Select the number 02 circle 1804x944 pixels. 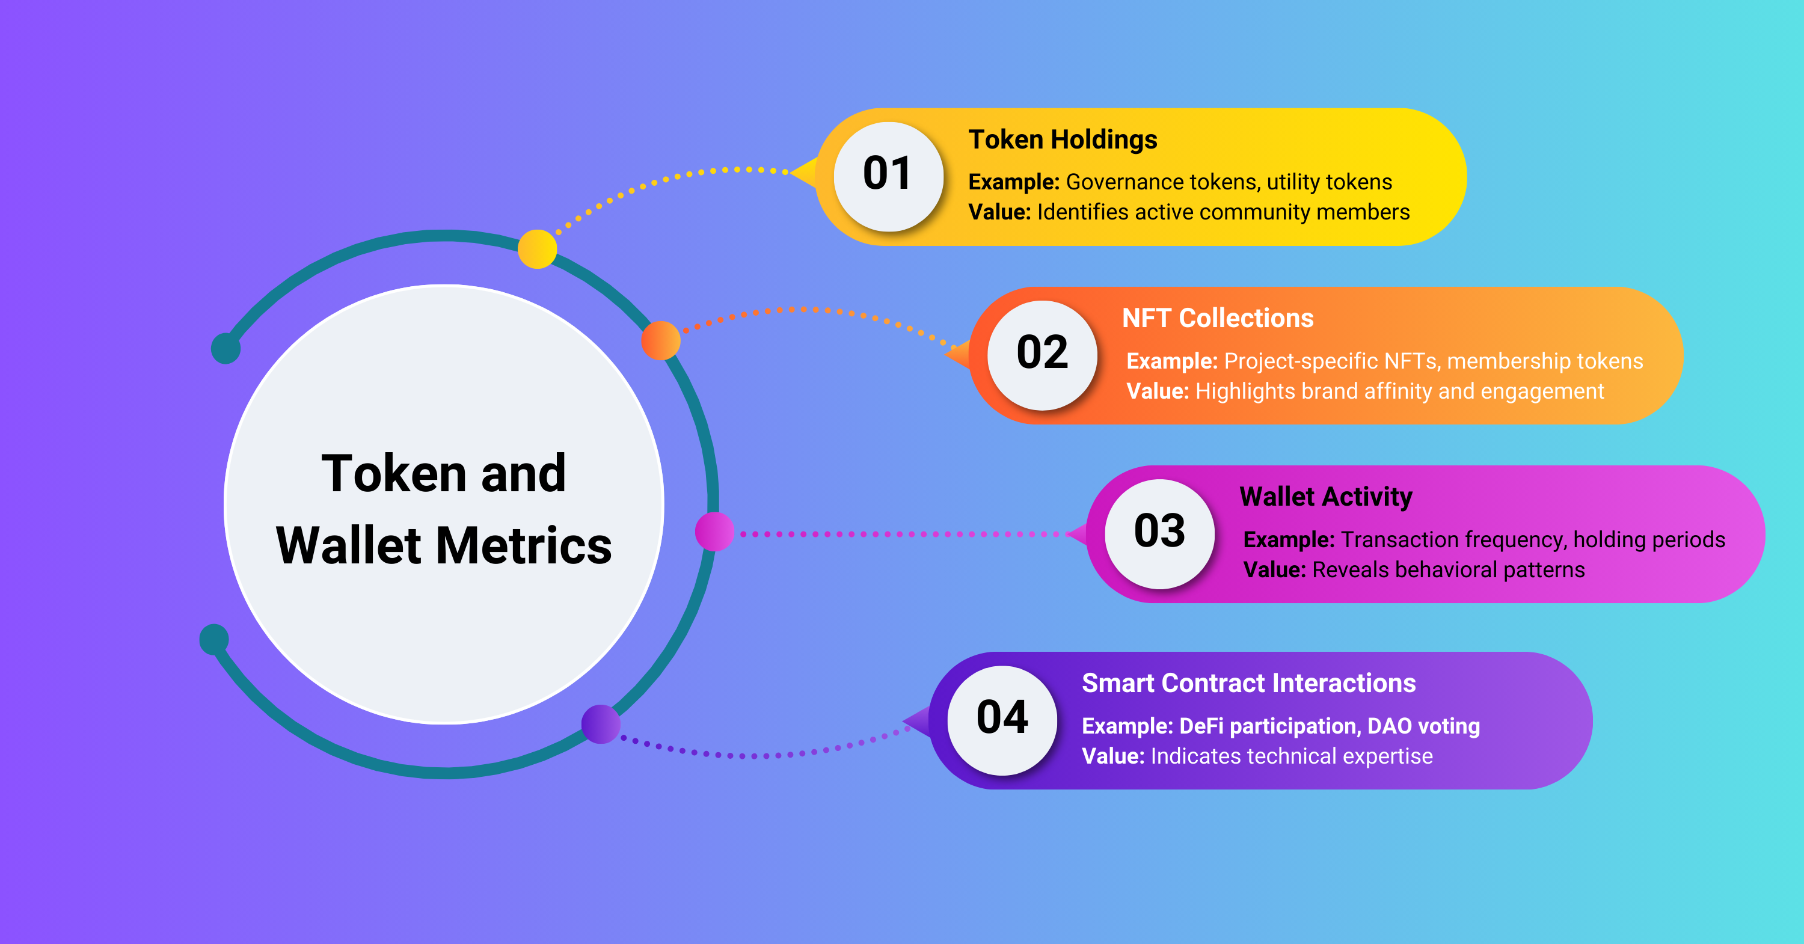tap(1042, 355)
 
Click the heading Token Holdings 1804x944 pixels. tap(1063, 139)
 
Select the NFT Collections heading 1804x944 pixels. tap(1217, 318)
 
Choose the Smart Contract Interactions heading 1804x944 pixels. tap(1248, 683)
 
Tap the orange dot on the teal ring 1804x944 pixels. tap(660, 340)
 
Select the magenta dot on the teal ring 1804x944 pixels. tap(714, 532)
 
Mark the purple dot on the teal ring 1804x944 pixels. tap(601, 723)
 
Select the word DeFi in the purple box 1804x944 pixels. tap(1201, 726)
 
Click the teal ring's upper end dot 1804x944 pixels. tap(226, 348)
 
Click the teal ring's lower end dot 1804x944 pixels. tap(214, 639)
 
